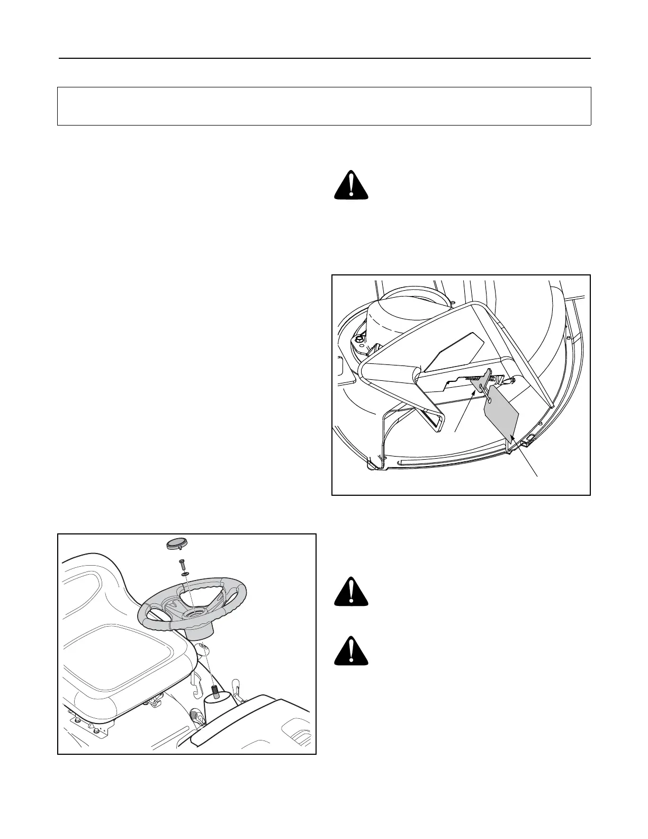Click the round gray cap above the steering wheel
point(175,544)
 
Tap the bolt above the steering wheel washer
point(181,565)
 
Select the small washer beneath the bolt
point(183,574)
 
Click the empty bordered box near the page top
point(324,106)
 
